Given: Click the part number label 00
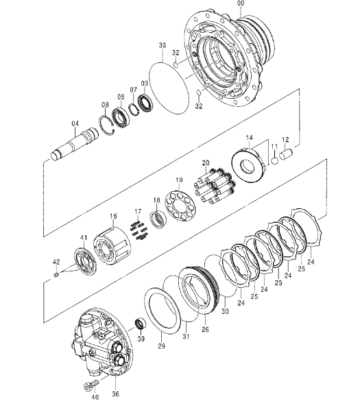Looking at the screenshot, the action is [241, 3].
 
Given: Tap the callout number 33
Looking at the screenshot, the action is [163, 45].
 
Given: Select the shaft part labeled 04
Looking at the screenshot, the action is [75, 144].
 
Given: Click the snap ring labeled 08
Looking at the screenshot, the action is [107, 125].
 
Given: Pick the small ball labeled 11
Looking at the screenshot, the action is [275, 160].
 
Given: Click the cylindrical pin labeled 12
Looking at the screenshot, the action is [286, 154].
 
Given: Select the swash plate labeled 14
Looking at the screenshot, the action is [249, 165].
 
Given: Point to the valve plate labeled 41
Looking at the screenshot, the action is [86, 262].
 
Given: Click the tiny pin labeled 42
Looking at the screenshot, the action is [56, 274].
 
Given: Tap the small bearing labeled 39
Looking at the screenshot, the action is [141, 324].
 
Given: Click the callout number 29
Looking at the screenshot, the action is [161, 346].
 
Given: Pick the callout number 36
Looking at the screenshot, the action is [115, 394].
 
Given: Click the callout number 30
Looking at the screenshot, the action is [225, 310].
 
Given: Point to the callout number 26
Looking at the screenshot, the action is [205, 329].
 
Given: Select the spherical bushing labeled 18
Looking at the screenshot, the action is [158, 219].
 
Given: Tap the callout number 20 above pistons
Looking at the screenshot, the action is [206, 163].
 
